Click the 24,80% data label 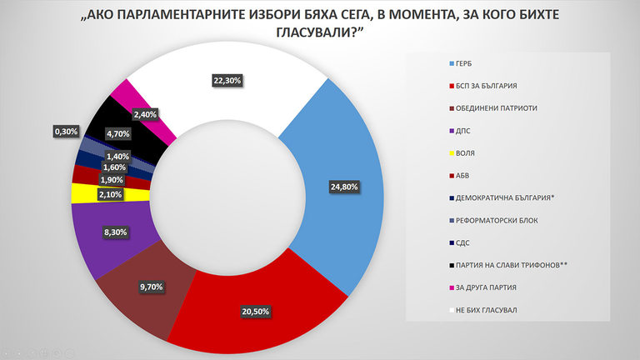tap(343, 187)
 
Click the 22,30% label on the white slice tap(228, 80)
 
